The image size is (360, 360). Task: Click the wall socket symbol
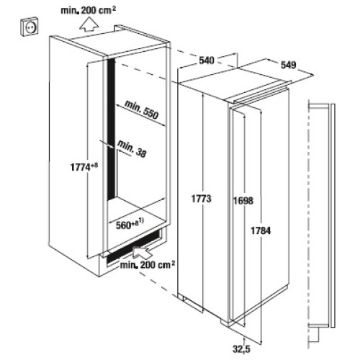[30, 27]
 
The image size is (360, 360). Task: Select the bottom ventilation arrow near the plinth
[143, 253]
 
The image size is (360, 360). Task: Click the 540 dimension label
[207, 60]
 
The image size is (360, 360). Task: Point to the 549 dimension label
[289, 65]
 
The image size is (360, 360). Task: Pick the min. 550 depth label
[142, 109]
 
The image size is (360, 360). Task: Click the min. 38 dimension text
[132, 149]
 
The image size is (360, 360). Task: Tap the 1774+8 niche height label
[84, 167]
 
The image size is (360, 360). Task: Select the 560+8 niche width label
[130, 225]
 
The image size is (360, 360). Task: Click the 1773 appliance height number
[202, 199]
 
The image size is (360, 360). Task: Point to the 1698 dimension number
[243, 201]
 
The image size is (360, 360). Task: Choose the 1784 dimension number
[261, 230]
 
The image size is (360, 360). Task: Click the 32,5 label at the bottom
[241, 348]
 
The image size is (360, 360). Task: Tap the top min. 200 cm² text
[89, 10]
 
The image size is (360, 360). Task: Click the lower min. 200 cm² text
[148, 265]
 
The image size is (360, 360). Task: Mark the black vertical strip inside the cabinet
[111, 130]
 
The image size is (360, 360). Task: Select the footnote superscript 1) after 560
[140, 220]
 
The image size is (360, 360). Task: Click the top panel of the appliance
[236, 78]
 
